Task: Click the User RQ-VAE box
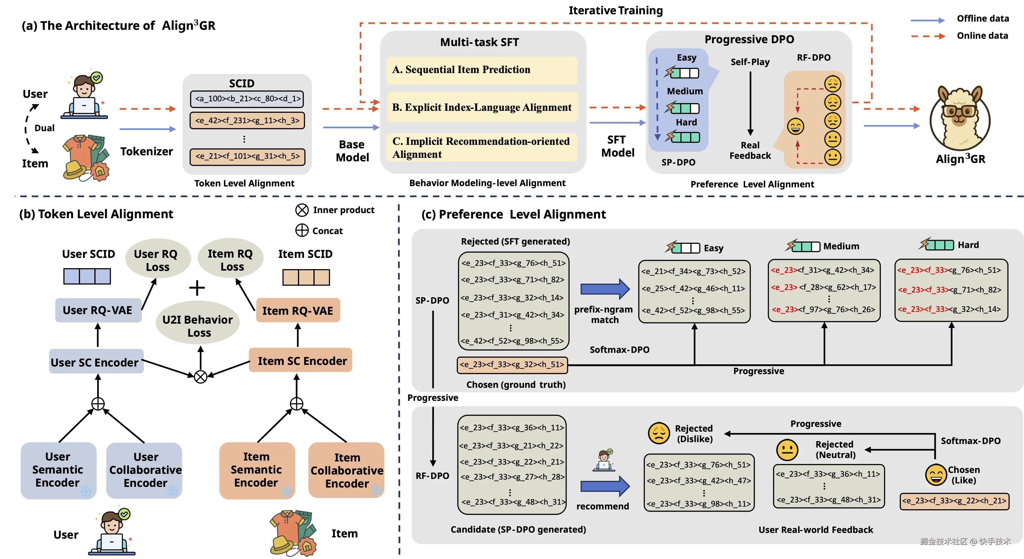[98, 310]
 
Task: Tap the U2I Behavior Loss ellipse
[198, 326]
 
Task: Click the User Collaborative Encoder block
[145, 470]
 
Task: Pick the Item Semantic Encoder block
[257, 470]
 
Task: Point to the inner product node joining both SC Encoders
[201, 376]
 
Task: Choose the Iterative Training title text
[615, 10]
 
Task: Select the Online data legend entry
[982, 36]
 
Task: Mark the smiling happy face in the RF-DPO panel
[795, 127]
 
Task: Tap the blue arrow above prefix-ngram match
[605, 289]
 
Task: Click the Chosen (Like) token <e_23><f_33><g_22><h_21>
[954, 501]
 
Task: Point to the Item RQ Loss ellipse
[231, 260]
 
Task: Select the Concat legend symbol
[302, 231]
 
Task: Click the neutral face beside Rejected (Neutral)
[787, 450]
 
